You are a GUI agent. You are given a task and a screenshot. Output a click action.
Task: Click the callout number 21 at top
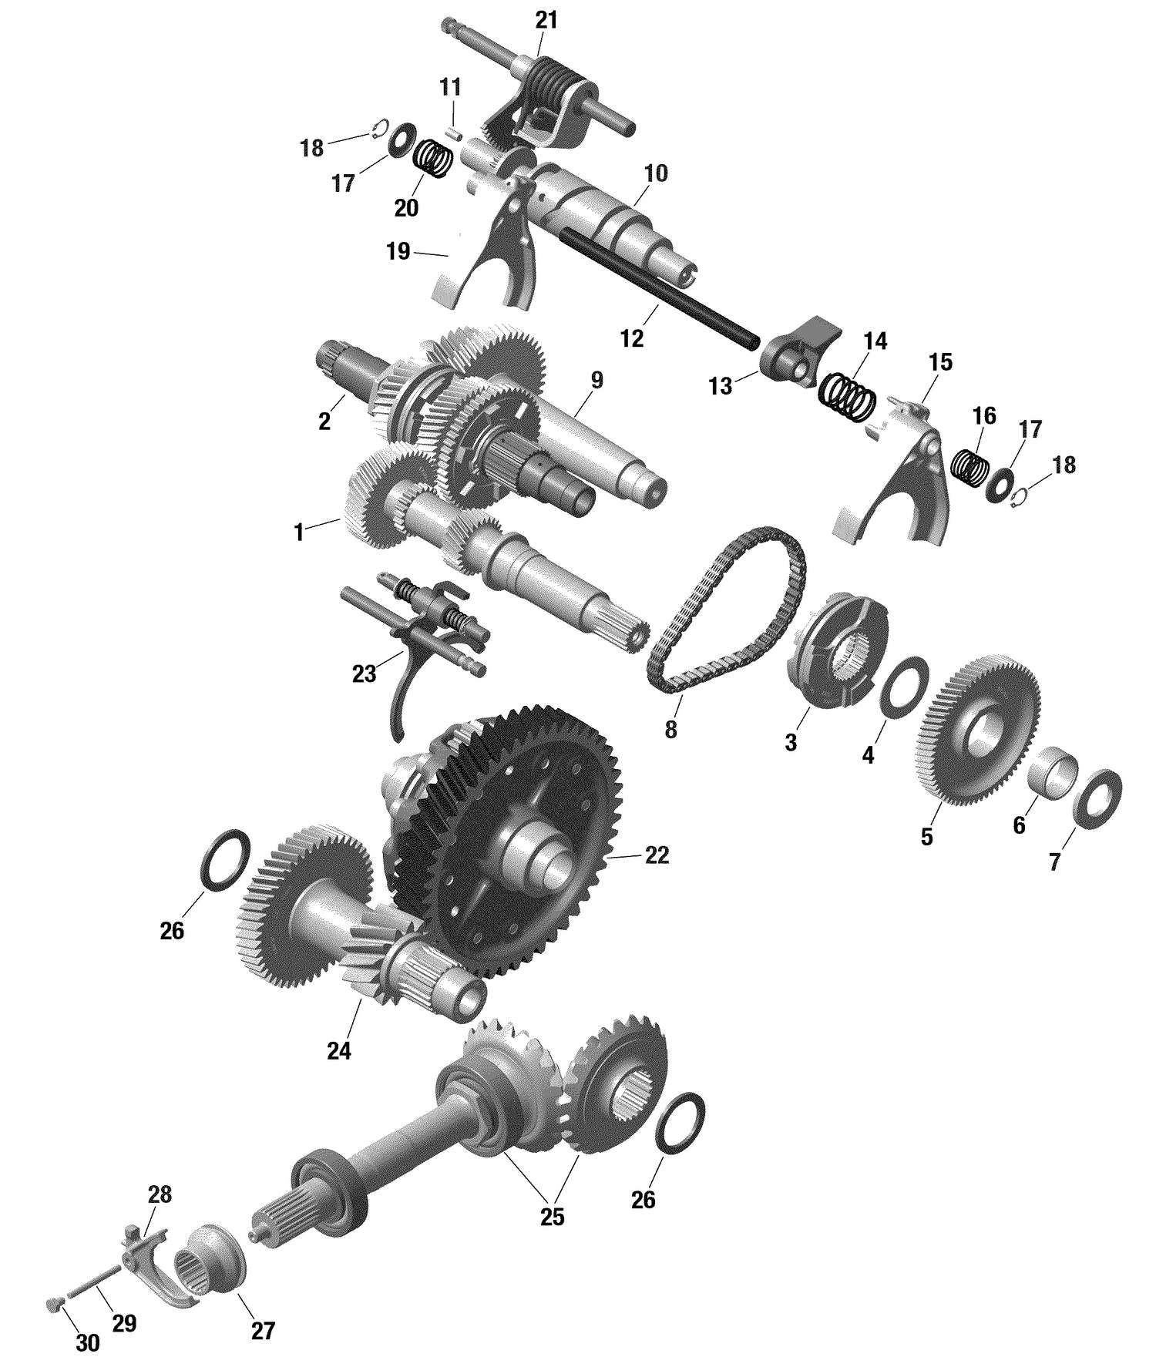(x=546, y=21)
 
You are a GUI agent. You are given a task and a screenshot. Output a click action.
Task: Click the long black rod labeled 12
(x=663, y=289)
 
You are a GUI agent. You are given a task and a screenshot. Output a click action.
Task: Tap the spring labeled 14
(x=846, y=397)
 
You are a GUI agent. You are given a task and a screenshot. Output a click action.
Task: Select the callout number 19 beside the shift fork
(x=398, y=252)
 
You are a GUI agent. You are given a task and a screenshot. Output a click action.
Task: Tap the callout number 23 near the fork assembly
(x=364, y=674)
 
